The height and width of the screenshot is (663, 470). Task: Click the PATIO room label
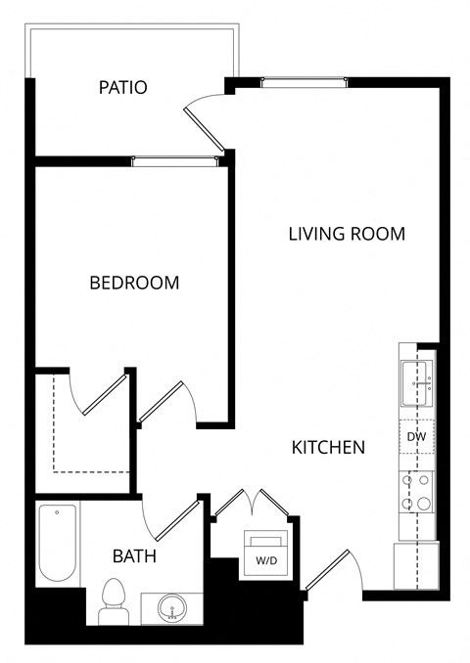click(123, 87)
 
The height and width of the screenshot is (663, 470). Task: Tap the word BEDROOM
click(134, 283)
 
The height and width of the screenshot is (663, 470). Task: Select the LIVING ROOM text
click(347, 234)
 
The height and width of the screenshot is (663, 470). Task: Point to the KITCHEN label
click(329, 447)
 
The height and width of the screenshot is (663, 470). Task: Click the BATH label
click(134, 556)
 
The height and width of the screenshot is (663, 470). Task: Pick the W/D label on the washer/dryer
click(265, 560)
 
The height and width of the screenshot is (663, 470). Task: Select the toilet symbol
click(114, 598)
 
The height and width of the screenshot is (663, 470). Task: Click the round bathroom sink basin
click(171, 607)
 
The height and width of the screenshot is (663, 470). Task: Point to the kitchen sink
click(415, 383)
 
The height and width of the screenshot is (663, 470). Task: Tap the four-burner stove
click(416, 492)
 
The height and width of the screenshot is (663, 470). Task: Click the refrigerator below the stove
click(415, 564)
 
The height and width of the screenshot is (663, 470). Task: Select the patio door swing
click(208, 118)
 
